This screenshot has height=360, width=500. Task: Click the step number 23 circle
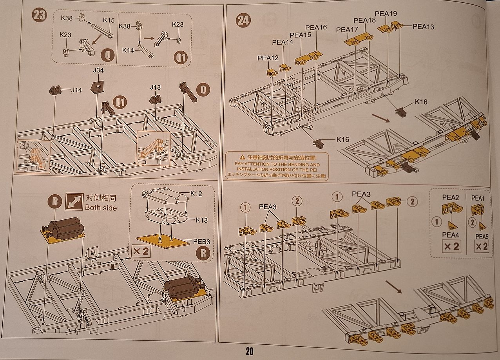point(40,16)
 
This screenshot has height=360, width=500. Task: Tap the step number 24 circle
point(243,20)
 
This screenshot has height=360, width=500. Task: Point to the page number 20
point(250,351)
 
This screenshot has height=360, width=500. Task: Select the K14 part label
point(128,50)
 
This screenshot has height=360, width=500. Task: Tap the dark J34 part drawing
point(96,86)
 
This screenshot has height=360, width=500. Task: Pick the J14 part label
point(76,90)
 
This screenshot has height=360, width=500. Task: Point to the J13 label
point(156,87)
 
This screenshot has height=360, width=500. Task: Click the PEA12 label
point(268,58)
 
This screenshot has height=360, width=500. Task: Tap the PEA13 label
point(423,27)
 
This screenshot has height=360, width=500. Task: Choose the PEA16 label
point(316,27)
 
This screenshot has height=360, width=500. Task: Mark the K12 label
point(197,194)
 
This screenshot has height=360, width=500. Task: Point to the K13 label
point(202,221)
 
